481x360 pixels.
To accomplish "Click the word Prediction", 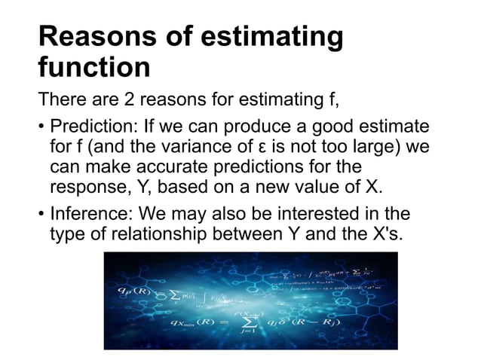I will (x=87, y=125).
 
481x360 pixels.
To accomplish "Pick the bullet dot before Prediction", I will (x=41, y=126).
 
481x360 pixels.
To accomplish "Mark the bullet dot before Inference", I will (x=41, y=216).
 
